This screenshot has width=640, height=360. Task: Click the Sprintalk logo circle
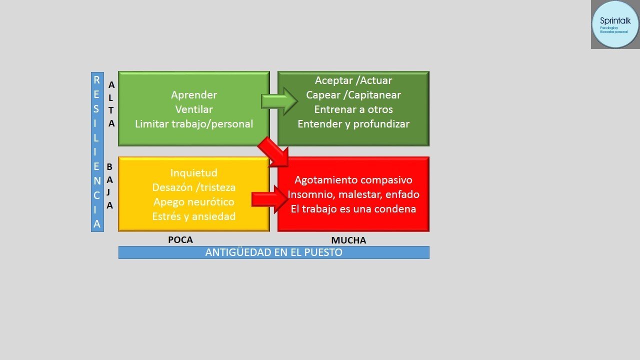point(614,24)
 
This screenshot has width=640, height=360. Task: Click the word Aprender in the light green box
point(194,95)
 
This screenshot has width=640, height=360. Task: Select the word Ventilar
point(194,109)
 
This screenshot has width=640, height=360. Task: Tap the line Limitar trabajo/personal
point(194,124)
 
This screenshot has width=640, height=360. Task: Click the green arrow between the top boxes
point(279,101)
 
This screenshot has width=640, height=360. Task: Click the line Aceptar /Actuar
point(353,80)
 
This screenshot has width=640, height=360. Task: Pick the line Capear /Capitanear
point(353,95)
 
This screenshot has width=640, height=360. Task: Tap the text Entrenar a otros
point(353,109)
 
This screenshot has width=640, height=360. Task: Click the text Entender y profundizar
point(353,124)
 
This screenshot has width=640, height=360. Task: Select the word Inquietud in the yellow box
point(194,173)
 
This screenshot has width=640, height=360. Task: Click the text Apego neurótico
point(194,202)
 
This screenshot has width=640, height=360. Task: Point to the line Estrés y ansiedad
point(194,216)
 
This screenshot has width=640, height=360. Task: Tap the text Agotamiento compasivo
point(353,180)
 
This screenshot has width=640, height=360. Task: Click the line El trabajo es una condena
point(353,209)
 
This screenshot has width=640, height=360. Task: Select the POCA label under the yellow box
point(180,240)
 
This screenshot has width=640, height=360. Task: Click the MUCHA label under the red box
point(348,240)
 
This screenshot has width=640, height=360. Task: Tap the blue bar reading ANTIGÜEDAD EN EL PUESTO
point(273,252)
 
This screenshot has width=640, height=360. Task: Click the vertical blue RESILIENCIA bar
point(97,152)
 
